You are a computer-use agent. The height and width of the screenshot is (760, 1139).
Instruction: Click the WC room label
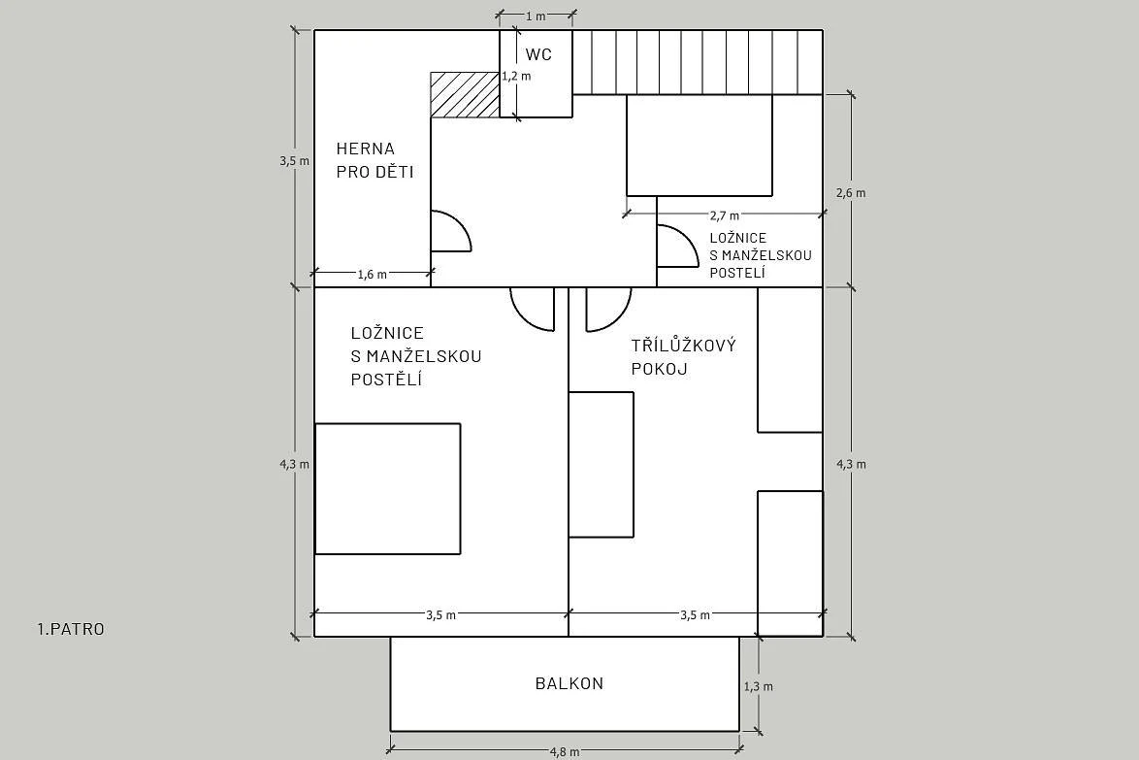pos(538,54)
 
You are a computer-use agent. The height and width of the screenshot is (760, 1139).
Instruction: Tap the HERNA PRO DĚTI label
pos(374,160)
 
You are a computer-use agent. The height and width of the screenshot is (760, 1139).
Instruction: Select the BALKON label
pos(569,683)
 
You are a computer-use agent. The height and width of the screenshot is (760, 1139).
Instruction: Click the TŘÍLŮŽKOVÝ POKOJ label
pos(683,356)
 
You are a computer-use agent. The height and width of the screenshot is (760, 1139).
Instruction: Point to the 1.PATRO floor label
pos(71,629)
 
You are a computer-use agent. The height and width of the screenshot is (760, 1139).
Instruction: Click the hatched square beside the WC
pos(465,94)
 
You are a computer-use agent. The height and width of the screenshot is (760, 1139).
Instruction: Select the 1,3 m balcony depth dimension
pos(759,686)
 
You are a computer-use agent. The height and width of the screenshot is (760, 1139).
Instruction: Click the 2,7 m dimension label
pos(724,215)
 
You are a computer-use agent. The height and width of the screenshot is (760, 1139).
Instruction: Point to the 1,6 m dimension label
pos(372,274)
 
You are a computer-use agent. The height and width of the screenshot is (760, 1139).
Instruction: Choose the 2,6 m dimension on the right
pos(851,192)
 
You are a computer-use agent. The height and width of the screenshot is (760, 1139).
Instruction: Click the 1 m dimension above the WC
pos(536,16)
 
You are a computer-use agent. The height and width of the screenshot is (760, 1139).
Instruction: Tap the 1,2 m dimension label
pos(516,76)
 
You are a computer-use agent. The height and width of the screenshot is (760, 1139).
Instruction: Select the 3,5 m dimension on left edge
pos(294,160)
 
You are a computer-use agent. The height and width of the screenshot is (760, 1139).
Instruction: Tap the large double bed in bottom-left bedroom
pos(388,489)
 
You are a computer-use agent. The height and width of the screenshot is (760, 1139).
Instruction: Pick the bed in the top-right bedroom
pos(700,146)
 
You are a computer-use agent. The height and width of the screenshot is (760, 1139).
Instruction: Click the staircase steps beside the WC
pos(698,62)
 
